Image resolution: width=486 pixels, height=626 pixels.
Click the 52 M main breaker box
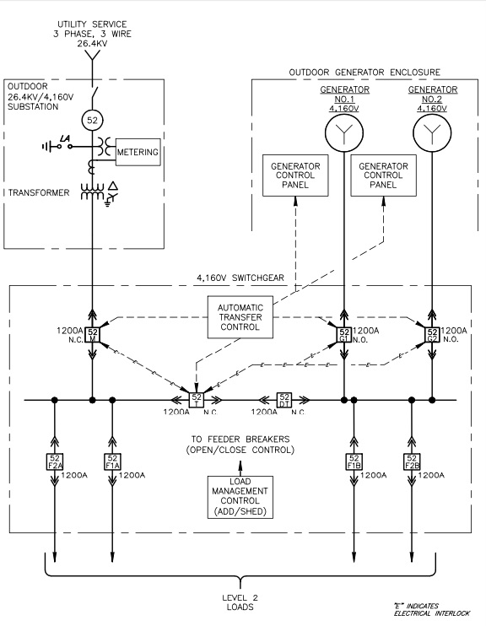click(93, 335)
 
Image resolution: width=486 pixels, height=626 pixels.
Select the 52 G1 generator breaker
click(344, 335)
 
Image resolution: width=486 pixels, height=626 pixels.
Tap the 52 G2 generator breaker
click(432, 335)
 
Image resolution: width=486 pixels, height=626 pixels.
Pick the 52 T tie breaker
click(197, 400)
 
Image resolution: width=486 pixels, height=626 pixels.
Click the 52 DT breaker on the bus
click(284, 400)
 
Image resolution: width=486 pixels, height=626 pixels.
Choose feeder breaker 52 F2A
click(55, 461)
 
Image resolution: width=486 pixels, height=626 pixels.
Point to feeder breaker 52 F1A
click(112, 461)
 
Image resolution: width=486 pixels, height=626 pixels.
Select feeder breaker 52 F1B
click(354, 461)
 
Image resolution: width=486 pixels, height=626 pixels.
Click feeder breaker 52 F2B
click(412, 461)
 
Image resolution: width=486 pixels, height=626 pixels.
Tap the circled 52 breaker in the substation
click(92, 120)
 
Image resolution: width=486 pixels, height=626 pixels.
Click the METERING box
click(138, 152)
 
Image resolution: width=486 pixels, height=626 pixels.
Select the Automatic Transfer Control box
click(240, 317)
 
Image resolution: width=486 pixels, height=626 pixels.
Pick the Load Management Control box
click(240, 497)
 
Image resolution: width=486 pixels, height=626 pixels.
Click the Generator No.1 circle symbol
click(344, 133)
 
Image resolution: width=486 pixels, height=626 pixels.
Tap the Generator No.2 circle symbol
click(432, 133)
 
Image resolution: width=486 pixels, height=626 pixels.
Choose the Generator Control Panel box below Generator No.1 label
click(295, 175)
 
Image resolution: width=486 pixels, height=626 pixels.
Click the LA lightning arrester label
click(65, 138)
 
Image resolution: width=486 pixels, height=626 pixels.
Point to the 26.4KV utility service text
click(92, 44)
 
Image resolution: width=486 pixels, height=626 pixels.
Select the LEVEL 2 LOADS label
click(240, 602)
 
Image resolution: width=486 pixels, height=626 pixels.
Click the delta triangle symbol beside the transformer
click(113, 186)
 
